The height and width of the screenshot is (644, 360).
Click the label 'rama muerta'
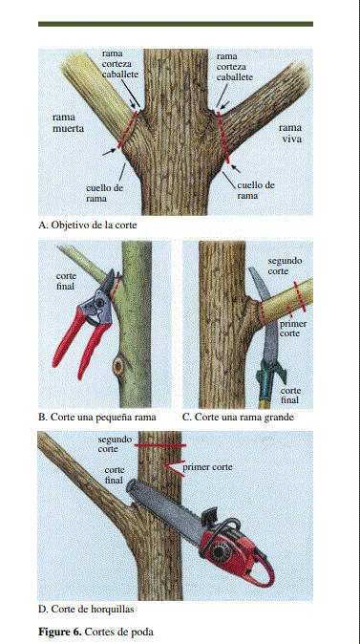68,123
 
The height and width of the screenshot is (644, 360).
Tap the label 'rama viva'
290,133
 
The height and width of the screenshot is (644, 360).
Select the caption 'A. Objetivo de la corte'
88,225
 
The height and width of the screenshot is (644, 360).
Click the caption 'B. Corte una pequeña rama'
97,418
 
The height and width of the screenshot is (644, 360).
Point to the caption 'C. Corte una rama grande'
238,418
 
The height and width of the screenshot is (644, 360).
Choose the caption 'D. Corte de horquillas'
86,609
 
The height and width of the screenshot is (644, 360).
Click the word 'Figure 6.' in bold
60,632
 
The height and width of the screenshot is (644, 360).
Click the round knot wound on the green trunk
118,365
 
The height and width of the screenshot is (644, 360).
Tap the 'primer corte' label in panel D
207,467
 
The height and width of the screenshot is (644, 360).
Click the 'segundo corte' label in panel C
285,266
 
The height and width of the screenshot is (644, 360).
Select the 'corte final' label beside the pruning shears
66,281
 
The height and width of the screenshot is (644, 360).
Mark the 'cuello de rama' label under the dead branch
104,193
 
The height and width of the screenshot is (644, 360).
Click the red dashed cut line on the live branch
223,138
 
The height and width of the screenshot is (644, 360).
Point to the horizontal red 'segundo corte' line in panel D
160,445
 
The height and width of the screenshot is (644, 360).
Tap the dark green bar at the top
176,24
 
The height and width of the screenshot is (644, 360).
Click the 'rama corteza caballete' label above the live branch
234,67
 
